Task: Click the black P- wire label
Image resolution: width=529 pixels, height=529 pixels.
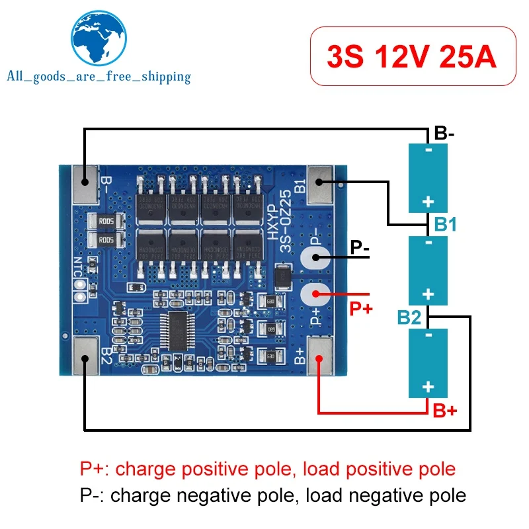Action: [360, 249]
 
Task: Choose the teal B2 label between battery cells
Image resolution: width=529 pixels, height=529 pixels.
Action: [409, 317]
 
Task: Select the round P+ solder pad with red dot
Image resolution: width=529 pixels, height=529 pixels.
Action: [316, 294]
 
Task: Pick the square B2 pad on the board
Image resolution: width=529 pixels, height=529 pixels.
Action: [84, 358]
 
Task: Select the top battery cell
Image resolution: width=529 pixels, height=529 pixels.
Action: [428, 177]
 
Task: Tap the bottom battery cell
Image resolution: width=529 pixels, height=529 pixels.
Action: [428, 362]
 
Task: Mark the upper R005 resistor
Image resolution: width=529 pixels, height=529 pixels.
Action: [106, 222]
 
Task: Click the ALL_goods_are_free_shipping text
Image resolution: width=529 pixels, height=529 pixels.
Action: [99, 77]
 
